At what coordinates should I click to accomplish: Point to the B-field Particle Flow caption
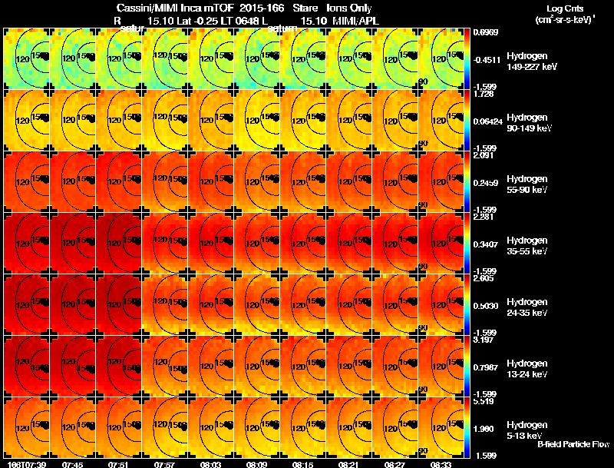[573, 444]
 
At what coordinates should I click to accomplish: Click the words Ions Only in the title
[349, 8]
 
